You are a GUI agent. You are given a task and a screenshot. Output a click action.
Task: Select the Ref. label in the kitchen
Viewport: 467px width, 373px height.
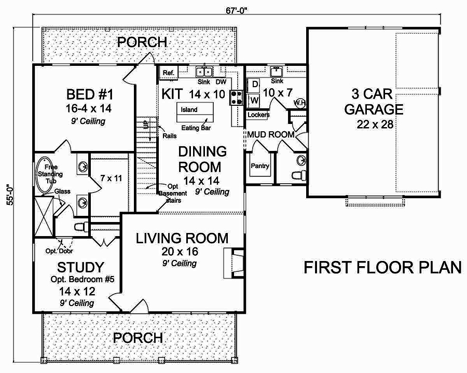click(168, 73)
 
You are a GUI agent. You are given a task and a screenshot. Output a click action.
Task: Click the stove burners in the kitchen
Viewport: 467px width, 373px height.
click(237, 98)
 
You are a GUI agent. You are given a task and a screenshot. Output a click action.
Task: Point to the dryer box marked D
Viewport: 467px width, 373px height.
click(255, 84)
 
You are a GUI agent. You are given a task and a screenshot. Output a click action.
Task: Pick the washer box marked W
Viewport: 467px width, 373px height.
click(255, 99)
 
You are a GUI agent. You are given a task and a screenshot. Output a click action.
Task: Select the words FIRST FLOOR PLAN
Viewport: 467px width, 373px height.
click(382, 268)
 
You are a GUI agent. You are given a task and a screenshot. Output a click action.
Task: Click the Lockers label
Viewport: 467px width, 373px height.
click(258, 115)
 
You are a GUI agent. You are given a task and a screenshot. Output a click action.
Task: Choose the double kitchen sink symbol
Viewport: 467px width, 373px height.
click(203, 72)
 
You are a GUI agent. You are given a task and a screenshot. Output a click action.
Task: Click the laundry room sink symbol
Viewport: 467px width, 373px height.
click(276, 72)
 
